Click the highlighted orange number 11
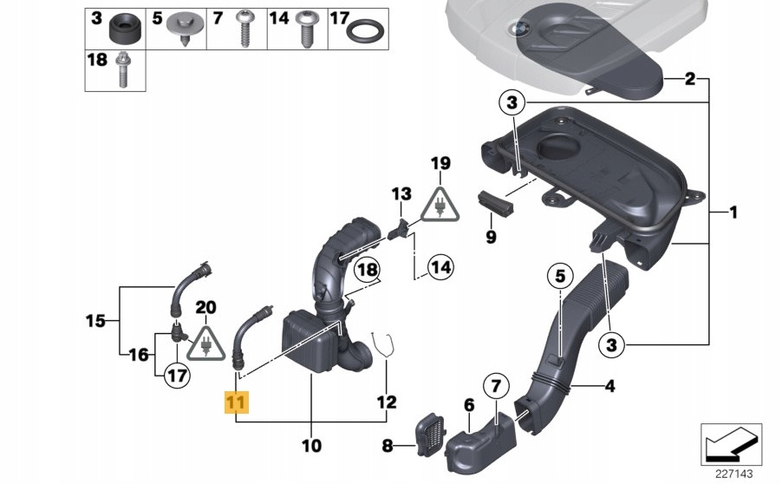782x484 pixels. coord(236,403)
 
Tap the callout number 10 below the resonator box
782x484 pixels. coord(310,446)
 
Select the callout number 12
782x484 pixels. coord(387,402)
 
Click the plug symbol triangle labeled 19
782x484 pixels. coord(441,208)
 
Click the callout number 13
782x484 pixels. coord(401,192)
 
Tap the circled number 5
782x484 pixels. coord(559,277)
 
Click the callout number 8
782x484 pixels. coord(388,447)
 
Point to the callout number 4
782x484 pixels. coord(609,386)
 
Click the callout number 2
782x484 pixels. coord(690,80)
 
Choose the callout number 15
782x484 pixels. coord(94,321)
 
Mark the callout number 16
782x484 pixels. coord(139,354)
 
